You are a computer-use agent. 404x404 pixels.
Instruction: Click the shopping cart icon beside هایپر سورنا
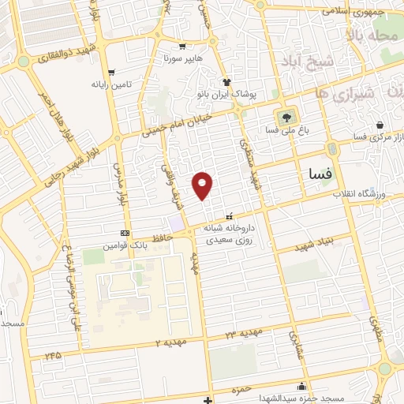tap(182, 47)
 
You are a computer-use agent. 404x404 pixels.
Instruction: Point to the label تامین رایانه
tap(108, 84)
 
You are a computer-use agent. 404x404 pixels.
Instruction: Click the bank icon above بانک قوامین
tap(125, 233)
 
